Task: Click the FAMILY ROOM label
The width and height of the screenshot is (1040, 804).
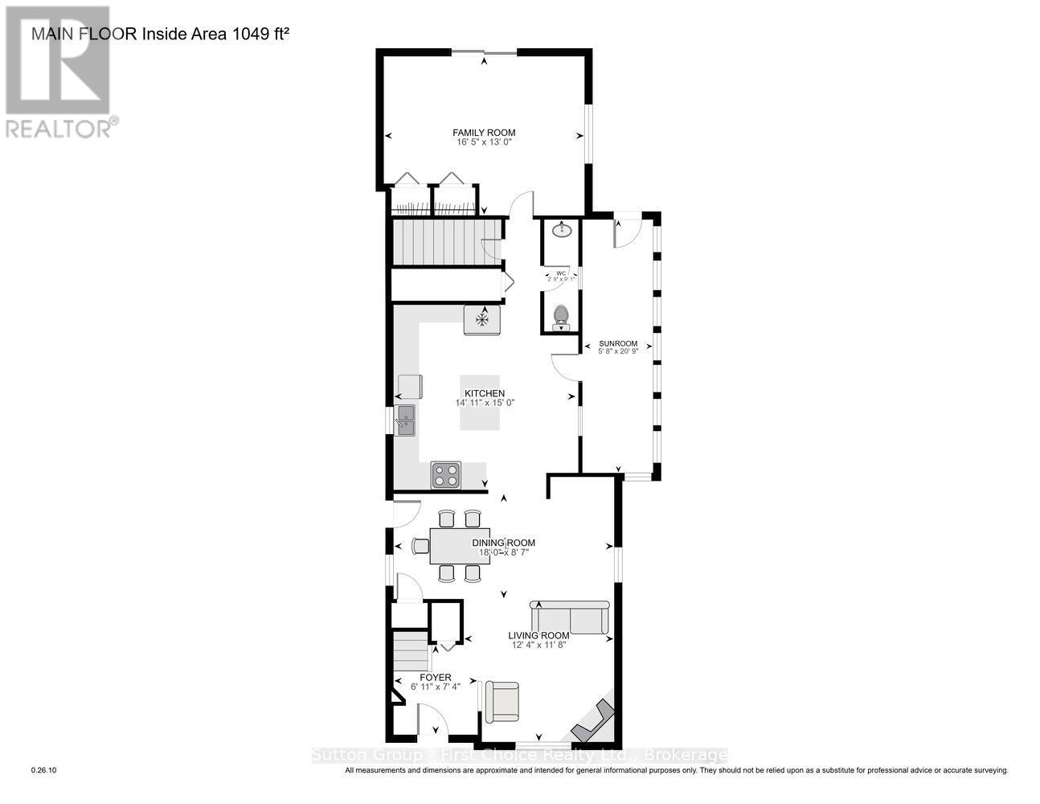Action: click(x=483, y=133)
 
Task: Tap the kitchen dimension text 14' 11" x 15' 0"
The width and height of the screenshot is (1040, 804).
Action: click(x=484, y=403)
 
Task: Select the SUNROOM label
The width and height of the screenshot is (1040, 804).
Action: click(x=618, y=343)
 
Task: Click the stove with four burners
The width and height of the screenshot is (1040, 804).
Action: click(x=446, y=474)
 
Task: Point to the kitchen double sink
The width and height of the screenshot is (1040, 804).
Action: click(x=405, y=420)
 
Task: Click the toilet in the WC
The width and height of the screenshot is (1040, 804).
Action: click(x=561, y=316)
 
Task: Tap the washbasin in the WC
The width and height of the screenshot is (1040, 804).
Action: click(x=562, y=232)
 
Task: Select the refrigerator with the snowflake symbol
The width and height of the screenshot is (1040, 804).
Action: click(x=482, y=320)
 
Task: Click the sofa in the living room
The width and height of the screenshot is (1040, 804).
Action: click(x=569, y=617)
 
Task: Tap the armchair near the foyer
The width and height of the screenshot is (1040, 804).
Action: click(x=500, y=701)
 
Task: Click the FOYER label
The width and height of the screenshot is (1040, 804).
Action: click(x=436, y=678)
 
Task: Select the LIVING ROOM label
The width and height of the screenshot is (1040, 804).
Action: click(x=538, y=635)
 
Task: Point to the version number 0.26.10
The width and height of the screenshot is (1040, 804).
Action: click(x=43, y=770)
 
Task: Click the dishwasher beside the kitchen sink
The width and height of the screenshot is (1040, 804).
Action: click(x=409, y=387)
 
